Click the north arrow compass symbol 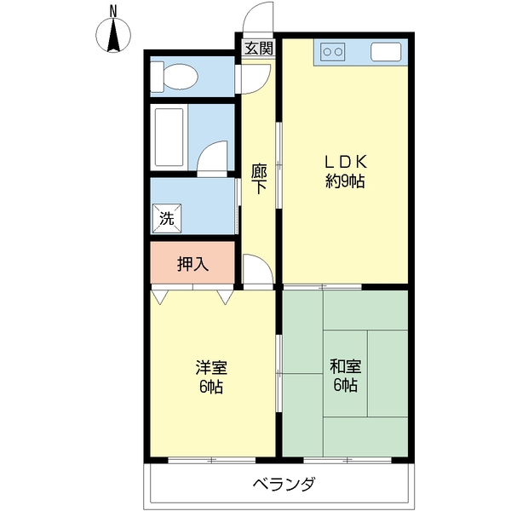(x=113, y=35)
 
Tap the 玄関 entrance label (x=258, y=49)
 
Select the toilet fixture (x=175, y=77)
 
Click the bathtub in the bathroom (x=169, y=137)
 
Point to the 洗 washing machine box (x=167, y=218)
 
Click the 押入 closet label (x=193, y=264)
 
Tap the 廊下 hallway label (x=259, y=179)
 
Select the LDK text (x=345, y=162)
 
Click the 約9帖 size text (x=345, y=181)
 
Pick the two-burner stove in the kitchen (x=332, y=52)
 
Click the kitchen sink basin (x=386, y=52)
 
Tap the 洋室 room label (x=211, y=368)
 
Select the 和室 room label (x=346, y=366)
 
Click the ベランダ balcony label (x=284, y=484)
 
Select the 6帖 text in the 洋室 (x=211, y=387)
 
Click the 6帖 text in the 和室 (x=346, y=386)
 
